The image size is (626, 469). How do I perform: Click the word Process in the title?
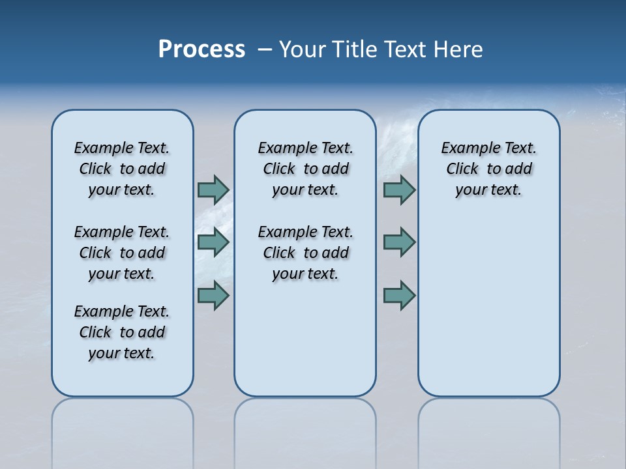(x=201, y=50)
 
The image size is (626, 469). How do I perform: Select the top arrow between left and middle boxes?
(x=213, y=190)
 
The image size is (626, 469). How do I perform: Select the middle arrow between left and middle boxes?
(x=213, y=242)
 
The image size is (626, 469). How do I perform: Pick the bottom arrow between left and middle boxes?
(x=213, y=295)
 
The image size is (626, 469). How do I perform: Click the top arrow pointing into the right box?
(x=399, y=190)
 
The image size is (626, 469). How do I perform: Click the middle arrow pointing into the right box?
(x=399, y=242)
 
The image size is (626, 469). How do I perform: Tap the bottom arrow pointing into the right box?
(x=399, y=295)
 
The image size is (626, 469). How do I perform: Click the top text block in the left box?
(x=122, y=169)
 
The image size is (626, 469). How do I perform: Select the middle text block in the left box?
(x=122, y=253)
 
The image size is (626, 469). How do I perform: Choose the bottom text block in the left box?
(x=122, y=332)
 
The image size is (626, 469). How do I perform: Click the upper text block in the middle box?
(x=305, y=169)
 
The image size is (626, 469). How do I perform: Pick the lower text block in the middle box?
(x=305, y=253)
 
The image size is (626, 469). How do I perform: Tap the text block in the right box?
(x=488, y=169)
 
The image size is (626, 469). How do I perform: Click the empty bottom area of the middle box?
(x=305, y=345)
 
